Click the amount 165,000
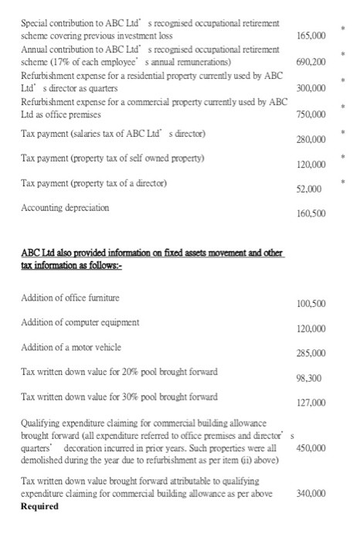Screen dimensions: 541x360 (312, 36)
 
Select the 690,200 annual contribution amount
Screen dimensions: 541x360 (312, 63)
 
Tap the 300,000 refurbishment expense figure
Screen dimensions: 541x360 (312, 89)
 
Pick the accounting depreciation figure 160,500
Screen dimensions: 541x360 (312, 213)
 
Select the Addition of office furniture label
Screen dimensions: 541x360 (71, 298)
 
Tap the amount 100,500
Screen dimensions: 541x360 (312, 303)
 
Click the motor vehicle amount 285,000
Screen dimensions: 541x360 (312, 353)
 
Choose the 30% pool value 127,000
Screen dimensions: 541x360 (312, 403)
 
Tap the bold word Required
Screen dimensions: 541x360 (40, 506)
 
